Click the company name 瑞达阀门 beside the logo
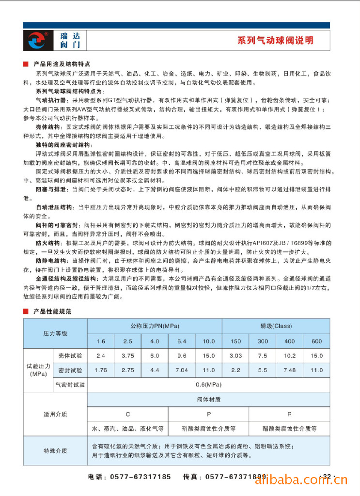click(71, 41)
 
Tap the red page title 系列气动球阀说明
click(275, 41)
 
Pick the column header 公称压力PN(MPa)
click(155, 326)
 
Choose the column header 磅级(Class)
click(276, 326)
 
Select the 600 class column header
click(316, 341)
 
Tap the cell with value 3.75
click(128, 356)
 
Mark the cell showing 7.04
click(182, 371)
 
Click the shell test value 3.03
click(235, 356)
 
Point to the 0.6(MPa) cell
click(208, 385)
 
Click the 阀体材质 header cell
click(208, 400)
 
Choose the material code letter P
click(208, 414)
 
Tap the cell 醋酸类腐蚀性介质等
click(289, 429)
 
